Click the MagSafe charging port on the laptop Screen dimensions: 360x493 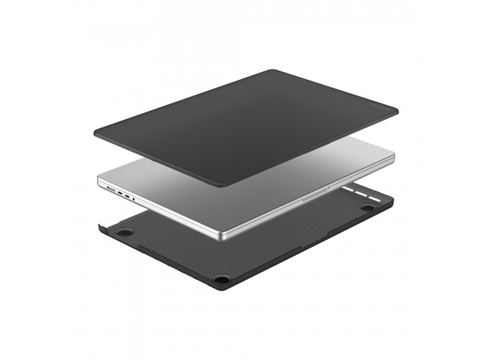pos(111,190)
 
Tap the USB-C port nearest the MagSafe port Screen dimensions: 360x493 pos(119,193)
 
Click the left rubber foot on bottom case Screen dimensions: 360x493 pos(125,233)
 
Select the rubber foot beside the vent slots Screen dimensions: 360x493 pos(368,207)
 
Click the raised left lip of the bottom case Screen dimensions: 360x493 pos(100,227)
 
